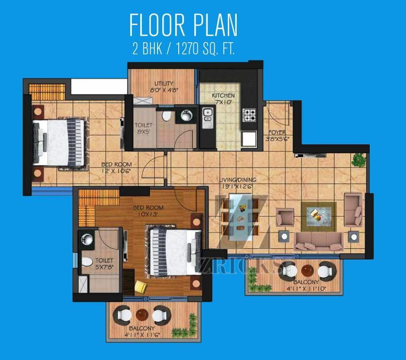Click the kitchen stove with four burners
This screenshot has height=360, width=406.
[x=249, y=115]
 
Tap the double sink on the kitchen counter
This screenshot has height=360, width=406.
[x=208, y=118]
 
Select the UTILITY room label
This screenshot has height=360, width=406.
[x=164, y=83]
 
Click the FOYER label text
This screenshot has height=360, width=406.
[x=277, y=132]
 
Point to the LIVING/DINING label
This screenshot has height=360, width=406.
[x=238, y=180]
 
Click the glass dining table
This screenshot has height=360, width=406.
[x=241, y=217]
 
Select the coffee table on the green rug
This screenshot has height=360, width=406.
[x=318, y=217]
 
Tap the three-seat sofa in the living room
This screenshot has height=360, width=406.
[x=318, y=241]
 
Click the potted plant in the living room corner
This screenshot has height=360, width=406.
[x=359, y=159]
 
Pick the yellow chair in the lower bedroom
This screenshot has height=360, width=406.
[x=141, y=286]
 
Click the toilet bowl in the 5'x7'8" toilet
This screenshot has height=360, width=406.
[x=87, y=262]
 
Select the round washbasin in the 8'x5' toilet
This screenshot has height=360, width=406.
[x=186, y=115]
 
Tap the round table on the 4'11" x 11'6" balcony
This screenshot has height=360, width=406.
[x=142, y=315]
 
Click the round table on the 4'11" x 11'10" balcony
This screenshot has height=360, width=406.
[x=308, y=270]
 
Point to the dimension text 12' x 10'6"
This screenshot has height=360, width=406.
[x=116, y=171]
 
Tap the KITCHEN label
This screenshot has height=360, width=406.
[x=223, y=96]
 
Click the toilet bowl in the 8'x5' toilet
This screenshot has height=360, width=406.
[x=166, y=116]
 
